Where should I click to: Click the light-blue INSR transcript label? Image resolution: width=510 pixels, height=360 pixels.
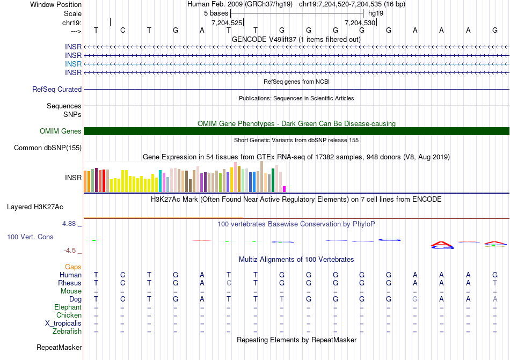74,64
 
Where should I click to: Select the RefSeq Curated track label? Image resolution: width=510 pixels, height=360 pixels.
57,90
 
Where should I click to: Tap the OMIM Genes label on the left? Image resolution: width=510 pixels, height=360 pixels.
61,131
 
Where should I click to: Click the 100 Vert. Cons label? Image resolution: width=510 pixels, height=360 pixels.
31,237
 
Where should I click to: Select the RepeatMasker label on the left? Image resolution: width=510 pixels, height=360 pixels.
59,348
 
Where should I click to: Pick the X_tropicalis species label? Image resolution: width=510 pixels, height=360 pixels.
63,324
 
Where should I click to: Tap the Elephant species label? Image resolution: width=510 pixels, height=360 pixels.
68,307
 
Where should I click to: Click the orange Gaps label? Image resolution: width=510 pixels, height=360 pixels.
73,267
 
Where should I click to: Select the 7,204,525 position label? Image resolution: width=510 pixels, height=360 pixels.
227,23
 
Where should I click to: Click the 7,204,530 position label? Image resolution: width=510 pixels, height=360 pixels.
359,23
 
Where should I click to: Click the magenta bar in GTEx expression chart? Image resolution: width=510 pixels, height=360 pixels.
285,189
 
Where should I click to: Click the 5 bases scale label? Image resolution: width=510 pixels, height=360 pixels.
216,13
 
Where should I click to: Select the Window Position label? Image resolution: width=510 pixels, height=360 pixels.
56,4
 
